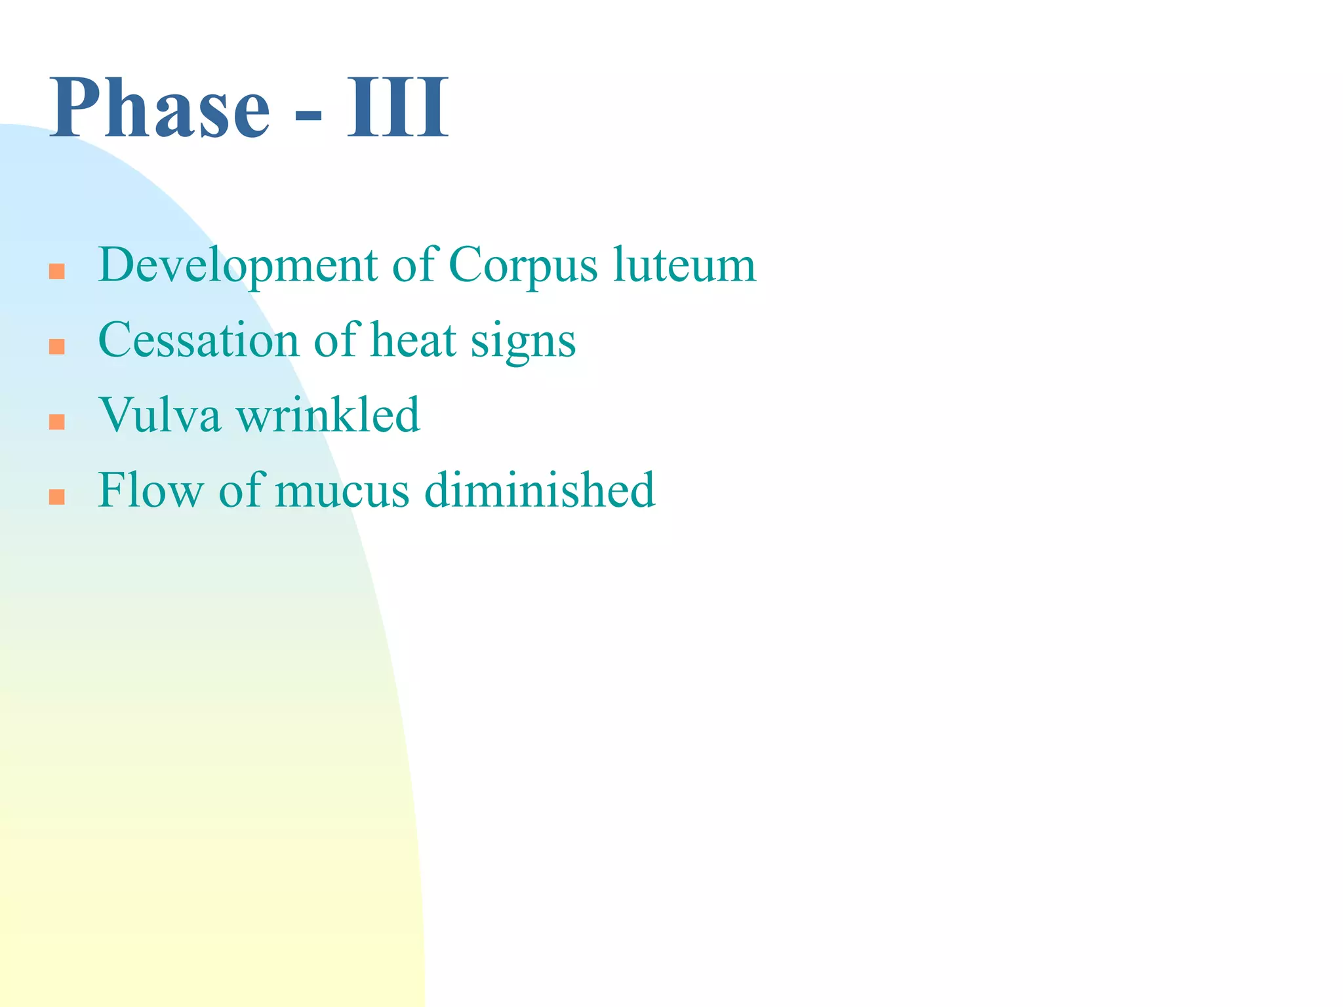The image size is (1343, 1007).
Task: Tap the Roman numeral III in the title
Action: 397,108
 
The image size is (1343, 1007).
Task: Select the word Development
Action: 237,266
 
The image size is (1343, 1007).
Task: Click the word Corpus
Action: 523,266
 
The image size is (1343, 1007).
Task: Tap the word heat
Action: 413,340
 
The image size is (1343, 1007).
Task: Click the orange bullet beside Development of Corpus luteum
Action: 57,271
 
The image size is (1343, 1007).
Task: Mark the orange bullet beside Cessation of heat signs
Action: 57,347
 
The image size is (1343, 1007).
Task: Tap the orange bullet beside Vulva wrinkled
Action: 57,422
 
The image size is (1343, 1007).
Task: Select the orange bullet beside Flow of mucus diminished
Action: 57,497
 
